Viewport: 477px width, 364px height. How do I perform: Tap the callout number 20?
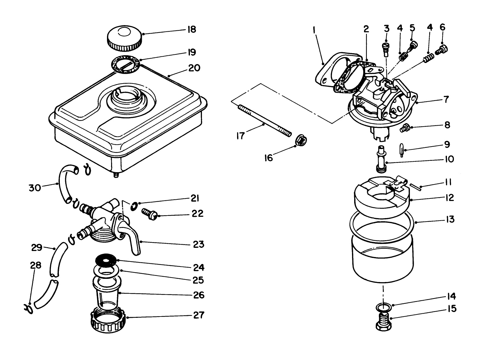pyautogui.click(x=194, y=68)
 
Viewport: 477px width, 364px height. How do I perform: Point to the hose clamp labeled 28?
pyautogui.click(x=28, y=308)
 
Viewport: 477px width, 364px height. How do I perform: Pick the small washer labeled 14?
pyautogui.click(x=383, y=306)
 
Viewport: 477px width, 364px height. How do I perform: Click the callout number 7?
pyautogui.click(x=446, y=99)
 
